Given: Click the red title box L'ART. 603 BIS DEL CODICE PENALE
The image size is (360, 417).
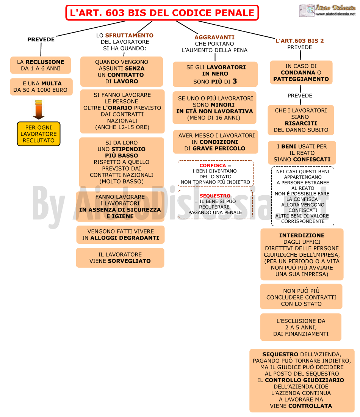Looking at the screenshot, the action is point(162,13).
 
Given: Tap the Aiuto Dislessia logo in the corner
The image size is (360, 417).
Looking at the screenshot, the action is point(327,10).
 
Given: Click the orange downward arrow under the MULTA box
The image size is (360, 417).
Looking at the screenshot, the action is point(39,110).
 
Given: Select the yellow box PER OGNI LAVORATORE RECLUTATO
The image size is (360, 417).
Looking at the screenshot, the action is point(39,134).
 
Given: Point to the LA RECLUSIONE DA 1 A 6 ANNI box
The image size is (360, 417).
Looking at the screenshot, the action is point(41,65).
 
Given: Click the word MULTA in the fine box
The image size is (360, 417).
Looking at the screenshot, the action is point(51,83).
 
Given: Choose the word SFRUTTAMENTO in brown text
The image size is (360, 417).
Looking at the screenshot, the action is point(129,35).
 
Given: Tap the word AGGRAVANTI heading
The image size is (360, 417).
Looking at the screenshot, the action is point(214,37).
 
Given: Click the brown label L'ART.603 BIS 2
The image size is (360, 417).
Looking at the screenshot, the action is point(299,41).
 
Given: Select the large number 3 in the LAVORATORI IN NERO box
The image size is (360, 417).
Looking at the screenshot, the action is point(235,81).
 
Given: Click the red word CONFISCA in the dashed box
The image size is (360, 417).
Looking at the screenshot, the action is point(213,165).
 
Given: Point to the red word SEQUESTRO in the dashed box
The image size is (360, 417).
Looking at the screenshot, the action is point(215,196).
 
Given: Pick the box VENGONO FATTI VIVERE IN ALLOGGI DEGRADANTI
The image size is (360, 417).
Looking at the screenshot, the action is point(121,235).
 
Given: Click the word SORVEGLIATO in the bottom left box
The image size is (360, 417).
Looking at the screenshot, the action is point(129,261).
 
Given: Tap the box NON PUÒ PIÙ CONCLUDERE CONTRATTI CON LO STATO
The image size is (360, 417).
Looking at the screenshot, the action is point(301,296).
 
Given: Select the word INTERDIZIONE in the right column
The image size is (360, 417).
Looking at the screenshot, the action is point(302,235).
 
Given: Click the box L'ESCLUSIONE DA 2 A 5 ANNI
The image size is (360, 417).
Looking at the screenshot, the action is point(301,327).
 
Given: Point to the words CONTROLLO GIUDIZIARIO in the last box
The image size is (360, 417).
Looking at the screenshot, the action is point(304,380).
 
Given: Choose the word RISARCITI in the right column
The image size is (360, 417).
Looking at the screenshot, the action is point(301,124).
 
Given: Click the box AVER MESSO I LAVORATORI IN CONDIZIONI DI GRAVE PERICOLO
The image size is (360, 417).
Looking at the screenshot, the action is point(215,142).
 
